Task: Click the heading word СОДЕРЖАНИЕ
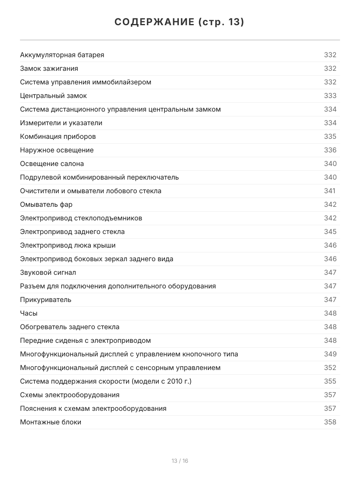click(x=154, y=22)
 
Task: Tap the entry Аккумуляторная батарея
click(x=62, y=55)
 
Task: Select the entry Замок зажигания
click(x=49, y=68)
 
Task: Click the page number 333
click(x=330, y=96)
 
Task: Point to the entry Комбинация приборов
click(x=58, y=136)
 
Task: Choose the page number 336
click(x=330, y=150)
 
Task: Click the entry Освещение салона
click(x=52, y=164)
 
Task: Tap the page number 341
click(x=330, y=191)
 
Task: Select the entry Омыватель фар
click(x=46, y=204)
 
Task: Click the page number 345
click(x=330, y=232)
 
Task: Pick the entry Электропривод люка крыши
click(x=68, y=245)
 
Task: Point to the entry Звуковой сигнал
click(x=48, y=272)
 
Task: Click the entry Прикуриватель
click(x=46, y=300)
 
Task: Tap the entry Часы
click(x=29, y=313)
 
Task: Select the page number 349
click(x=330, y=354)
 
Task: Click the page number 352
click(x=330, y=368)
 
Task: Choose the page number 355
click(x=330, y=381)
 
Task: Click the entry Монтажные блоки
click(x=50, y=422)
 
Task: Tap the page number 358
click(x=330, y=422)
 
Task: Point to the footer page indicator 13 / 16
click(x=180, y=461)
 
